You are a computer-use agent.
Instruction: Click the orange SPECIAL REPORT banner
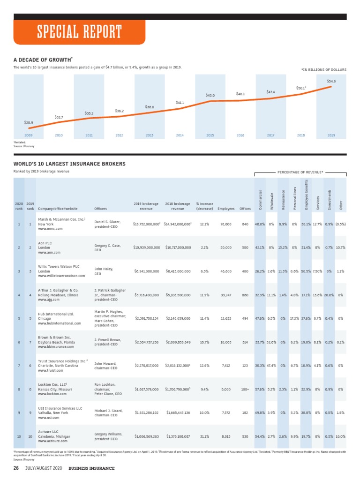tap(80, 32)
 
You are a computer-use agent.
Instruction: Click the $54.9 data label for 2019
tap(331, 82)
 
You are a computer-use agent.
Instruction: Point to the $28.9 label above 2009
tap(29, 122)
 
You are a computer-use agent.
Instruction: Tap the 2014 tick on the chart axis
tap(180, 135)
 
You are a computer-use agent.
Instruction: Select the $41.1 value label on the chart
tap(180, 102)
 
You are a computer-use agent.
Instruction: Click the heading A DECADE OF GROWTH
tap(43, 60)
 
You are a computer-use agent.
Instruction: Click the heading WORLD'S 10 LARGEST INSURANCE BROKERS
tap(69, 164)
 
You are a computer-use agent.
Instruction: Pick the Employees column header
tap(226, 209)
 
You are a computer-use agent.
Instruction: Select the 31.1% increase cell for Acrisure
tap(204, 436)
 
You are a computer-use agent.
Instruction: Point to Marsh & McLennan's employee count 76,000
tap(225, 224)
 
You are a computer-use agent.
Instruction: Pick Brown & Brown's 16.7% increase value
tap(204, 342)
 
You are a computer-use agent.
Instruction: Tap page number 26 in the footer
tap(16, 468)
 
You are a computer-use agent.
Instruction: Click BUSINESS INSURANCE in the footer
tap(91, 468)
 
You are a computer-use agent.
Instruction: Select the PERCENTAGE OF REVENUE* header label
tap(300, 172)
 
